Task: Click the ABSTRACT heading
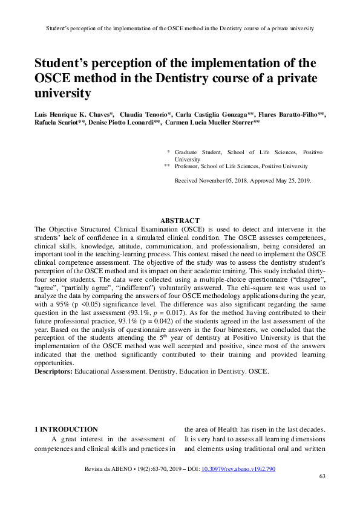pos(180,221)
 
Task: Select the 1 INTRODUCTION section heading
pos(66,429)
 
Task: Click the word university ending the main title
pos(63,93)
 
